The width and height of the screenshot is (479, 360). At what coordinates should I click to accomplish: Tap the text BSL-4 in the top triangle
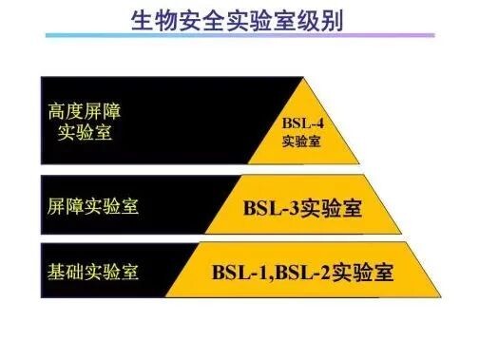coord(302,123)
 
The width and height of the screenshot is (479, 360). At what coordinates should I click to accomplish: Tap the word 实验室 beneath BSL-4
coord(302,142)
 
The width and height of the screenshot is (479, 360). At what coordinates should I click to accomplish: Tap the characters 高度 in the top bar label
coord(65,110)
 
